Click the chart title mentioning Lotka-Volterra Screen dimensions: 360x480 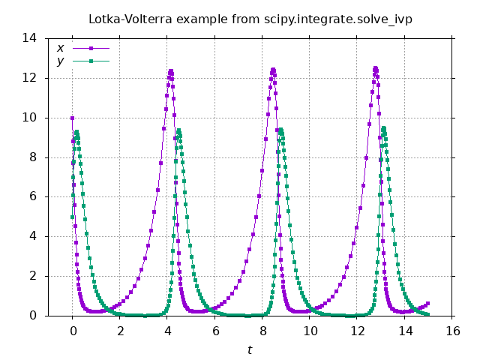click(x=250, y=18)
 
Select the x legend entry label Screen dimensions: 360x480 click(x=60, y=49)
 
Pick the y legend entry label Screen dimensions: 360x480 click(x=60, y=61)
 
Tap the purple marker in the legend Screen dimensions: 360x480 click(x=91, y=49)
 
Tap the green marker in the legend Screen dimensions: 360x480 click(x=91, y=61)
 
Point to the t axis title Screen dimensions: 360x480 click(x=250, y=349)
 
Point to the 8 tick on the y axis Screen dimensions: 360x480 click(x=34, y=157)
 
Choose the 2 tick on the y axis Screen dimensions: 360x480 click(x=34, y=276)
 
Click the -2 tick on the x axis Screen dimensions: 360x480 click(x=25, y=330)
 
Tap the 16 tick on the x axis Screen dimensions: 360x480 click(x=452, y=330)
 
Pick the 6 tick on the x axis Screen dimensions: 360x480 click(x=214, y=330)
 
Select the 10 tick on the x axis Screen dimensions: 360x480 click(x=310, y=330)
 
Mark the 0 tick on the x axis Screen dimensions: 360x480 click(x=72, y=330)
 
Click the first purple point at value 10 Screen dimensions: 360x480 click(x=72, y=118)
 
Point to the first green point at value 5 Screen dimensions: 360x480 click(x=72, y=217)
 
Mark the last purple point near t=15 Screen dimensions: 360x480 click(x=428, y=304)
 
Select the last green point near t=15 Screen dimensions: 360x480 click(x=428, y=315)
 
